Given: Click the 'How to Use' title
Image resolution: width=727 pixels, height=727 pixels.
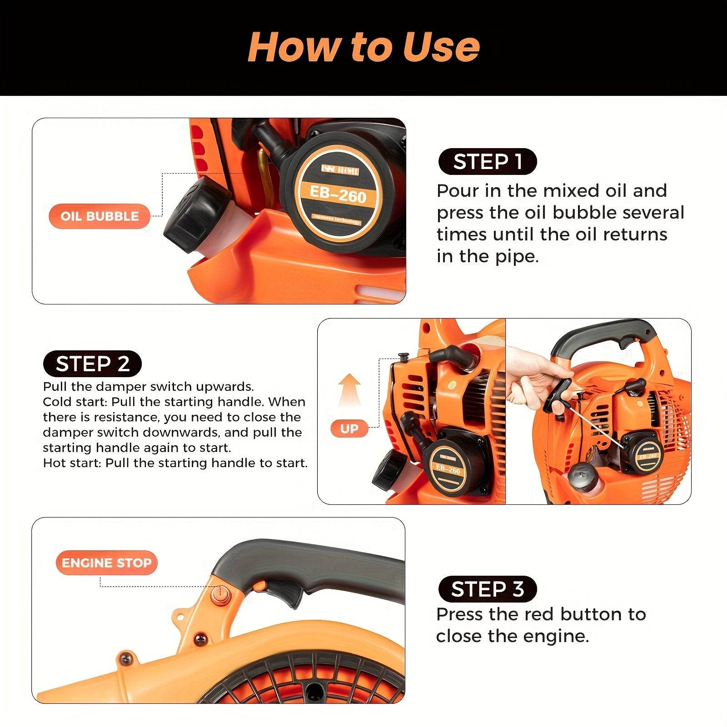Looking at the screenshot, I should [x=363, y=47].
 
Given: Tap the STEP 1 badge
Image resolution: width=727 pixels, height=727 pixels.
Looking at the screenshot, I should [x=488, y=162].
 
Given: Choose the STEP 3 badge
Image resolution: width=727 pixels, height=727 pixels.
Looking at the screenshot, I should [x=488, y=589].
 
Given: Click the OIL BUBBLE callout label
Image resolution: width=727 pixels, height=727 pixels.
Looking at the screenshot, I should [x=100, y=216].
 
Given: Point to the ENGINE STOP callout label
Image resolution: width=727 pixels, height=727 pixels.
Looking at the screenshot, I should [x=106, y=563].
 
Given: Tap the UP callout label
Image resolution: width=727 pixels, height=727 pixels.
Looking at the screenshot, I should [x=349, y=428].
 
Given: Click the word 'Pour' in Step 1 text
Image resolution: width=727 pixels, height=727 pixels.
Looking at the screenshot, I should [x=457, y=191].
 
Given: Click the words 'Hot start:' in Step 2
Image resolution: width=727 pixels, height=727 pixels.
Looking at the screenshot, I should [x=72, y=463].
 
